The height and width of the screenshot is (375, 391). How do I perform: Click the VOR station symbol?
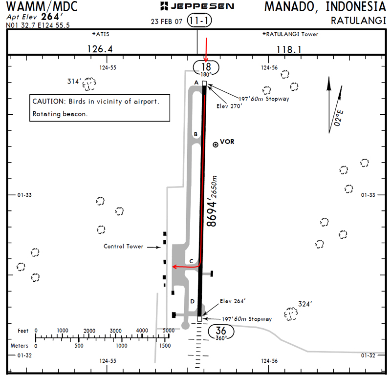click(x=215, y=144)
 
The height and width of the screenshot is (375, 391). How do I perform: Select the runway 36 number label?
click(x=221, y=331)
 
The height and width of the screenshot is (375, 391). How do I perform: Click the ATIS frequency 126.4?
click(x=100, y=49)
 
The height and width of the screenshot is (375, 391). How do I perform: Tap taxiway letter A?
click(x=196, y=83)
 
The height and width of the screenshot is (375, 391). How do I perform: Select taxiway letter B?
click(x=195, y=134)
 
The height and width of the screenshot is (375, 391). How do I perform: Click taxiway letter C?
click(x=192, y=261)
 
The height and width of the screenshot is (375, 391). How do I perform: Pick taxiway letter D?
click(x=192, y=302)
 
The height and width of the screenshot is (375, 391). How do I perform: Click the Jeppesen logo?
click(x=196, y=6)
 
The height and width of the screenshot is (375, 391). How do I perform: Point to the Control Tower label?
click(x=123, y=247)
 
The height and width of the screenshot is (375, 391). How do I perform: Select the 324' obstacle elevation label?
click(x=305, y=304)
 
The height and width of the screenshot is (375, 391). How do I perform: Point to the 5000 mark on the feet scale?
click(x=168, y=331)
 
